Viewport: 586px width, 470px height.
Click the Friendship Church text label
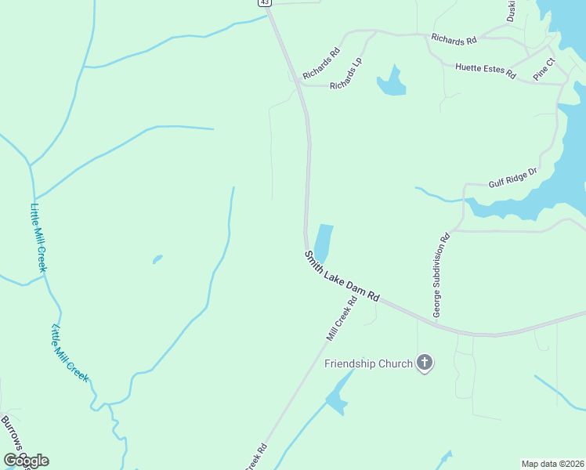coord(368,363)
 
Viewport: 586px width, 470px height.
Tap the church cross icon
coord(425,363)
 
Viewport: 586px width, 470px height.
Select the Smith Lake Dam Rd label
coord(342,277)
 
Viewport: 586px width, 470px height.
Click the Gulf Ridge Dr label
coord(513,178)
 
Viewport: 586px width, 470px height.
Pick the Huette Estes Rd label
coord(486,69)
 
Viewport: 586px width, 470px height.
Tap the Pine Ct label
coord(544,67)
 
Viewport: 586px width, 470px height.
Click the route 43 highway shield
coord(265,2)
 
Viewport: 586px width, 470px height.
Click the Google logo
coord(26,461)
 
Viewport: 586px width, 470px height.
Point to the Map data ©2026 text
coord(553,464)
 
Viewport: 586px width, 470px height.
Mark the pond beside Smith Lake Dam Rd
coord(323,243)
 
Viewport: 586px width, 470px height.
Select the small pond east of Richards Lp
coord(391,83)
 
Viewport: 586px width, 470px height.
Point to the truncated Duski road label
coord(512,10)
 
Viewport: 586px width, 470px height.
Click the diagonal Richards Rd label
coord(321,63)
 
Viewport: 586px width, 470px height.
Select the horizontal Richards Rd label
coord(454,38)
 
